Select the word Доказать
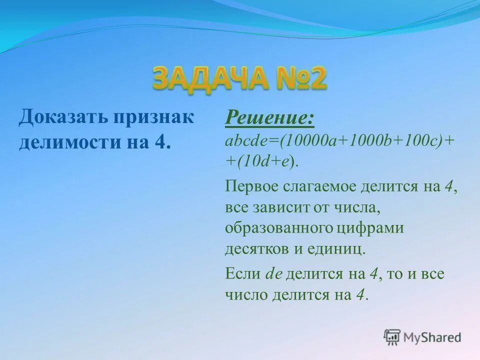coord(62,118)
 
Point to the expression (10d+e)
coord(264,161)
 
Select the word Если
coord(243,274)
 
